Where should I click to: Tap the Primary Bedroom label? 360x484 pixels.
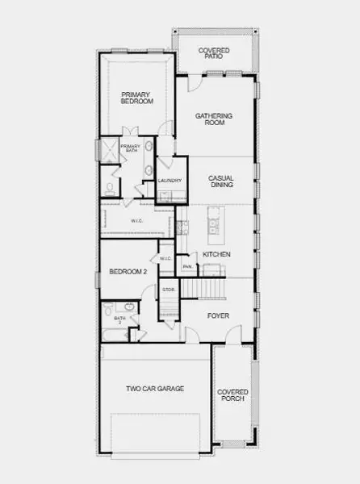click(136, 98)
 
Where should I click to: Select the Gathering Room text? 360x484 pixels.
click(214, 119)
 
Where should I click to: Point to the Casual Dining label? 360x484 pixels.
click(221, 181)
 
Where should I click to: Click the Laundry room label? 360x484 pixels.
click(170, 181)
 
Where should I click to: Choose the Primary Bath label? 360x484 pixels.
click(130, 149)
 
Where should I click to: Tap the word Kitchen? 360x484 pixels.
click(216, 254)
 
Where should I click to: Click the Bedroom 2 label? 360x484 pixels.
click(128, 272)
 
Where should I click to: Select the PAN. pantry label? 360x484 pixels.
click(187, 267)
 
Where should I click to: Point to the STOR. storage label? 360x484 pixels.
click(169, 289)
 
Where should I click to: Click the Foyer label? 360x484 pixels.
click(218, 315)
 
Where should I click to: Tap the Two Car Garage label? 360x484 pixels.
click(155, 389)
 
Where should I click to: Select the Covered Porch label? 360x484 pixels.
click(232, 395)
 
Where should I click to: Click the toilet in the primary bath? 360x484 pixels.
click(108, 189)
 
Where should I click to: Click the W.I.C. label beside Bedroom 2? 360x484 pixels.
click(165, 258)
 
